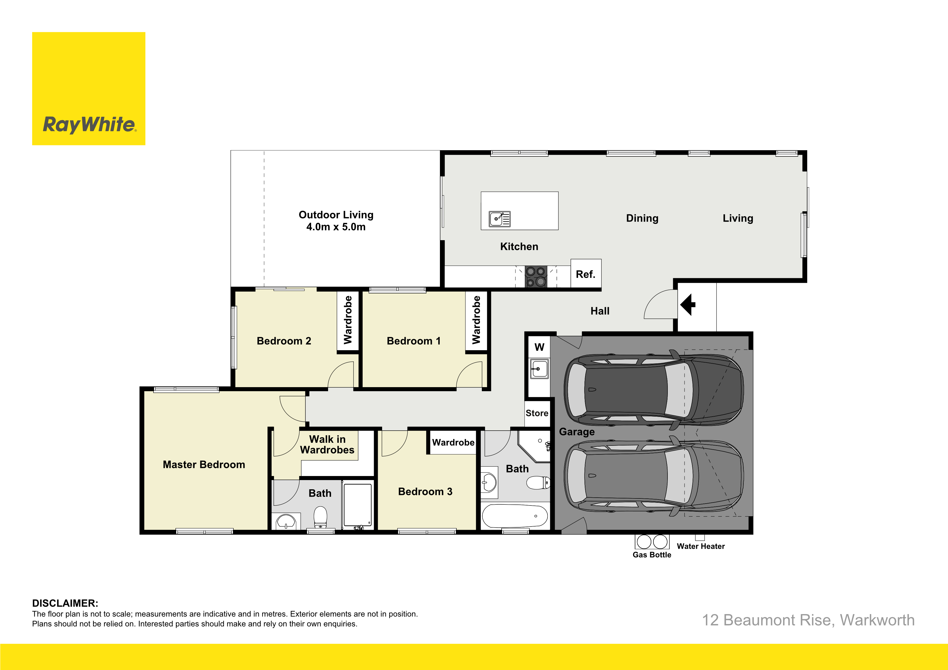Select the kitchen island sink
(x=500, y=219)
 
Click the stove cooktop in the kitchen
(x=536, y=277)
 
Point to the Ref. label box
(x=586, y=274)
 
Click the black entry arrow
(x=688, y=305)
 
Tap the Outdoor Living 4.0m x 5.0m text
(x=336, y=220)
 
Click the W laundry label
(x=539, y=347)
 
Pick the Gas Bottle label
(x=652, y=555)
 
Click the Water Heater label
(x=701, y=546)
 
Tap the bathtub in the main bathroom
(x=515, y=516)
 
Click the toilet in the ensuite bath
(x=321, y=518)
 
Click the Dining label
(x=642, y=218)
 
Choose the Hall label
(x=600, y=311)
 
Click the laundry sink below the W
(x=539, y=369)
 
